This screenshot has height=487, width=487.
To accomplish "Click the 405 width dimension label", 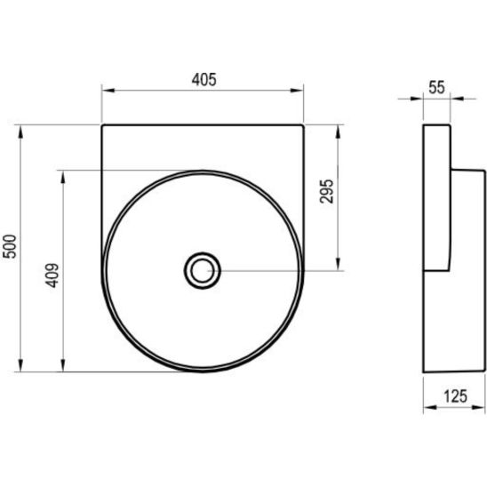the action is pos(204,80).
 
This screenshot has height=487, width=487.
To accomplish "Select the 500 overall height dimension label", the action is pos(9,246).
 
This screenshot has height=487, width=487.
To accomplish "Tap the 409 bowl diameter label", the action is pos(52,275).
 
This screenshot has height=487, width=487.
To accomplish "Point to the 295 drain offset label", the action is pos(326,191).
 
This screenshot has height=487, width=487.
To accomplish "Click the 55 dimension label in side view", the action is pos(436,87).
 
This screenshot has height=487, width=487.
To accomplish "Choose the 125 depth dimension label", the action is pos(455,396).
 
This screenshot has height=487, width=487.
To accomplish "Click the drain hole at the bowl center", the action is pos(203,270).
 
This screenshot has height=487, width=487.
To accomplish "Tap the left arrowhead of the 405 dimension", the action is pos(108,91).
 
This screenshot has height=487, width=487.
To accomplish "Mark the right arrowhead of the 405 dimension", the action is pos(296,91).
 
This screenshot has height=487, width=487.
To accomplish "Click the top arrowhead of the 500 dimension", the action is pos(20,132).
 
